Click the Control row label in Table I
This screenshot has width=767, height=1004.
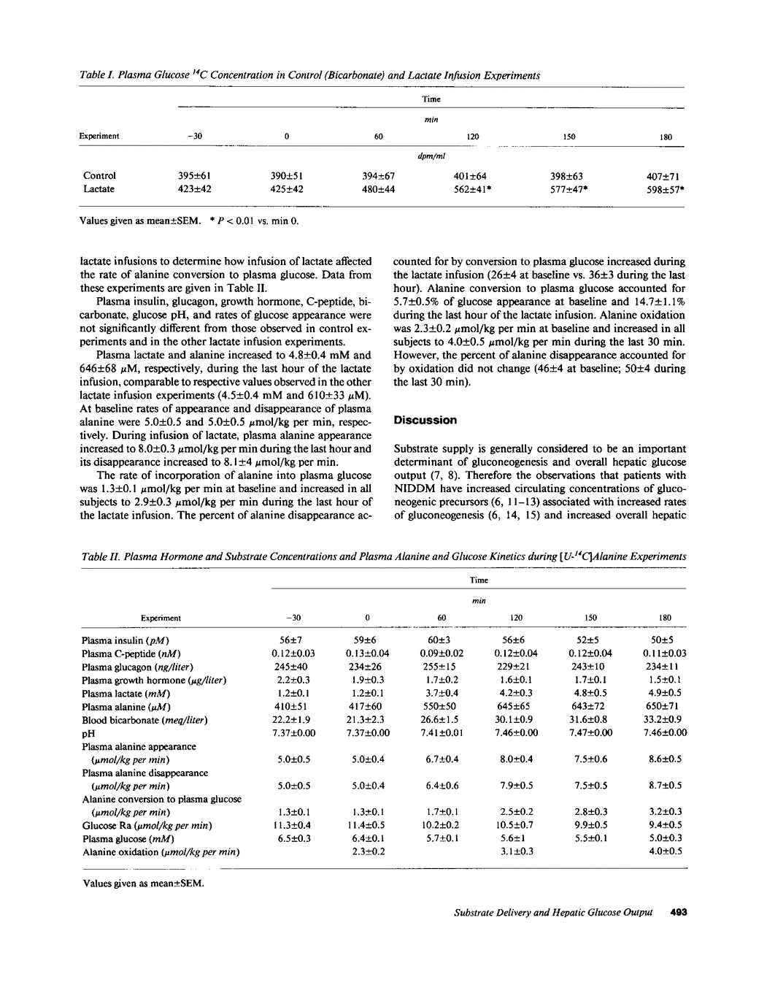pyautogui.click(x=99, y=175)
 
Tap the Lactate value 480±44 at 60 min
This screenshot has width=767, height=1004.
pyautogui.click(x=378, y=189)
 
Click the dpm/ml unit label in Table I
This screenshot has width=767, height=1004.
pyautogui.click(x=431, y=156)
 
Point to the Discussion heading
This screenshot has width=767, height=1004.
pyautogui.click(x=425, y=420)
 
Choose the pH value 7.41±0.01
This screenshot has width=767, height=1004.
pyautogui.click(x=442, y=733)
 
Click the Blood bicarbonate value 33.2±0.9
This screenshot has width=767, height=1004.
pyautogui.click(x=666, y=720)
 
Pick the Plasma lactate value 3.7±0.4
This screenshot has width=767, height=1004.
pyautogui.click(x=442, y=693)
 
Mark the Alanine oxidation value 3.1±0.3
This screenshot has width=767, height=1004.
pyautogui.click(x=516, y=851)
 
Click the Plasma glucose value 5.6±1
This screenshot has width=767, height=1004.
pyautogui.click(x=516, y=838)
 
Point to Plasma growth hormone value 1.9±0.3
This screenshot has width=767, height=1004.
pyautogui.click(x=367, y=680)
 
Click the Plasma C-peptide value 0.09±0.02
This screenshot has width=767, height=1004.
pyautogui.click(x=442, y=654)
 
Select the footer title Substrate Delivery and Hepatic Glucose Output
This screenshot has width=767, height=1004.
pyautogui.click(x=553, y=912)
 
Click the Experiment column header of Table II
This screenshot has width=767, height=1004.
pyautogui.click(x=161, y=618)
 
